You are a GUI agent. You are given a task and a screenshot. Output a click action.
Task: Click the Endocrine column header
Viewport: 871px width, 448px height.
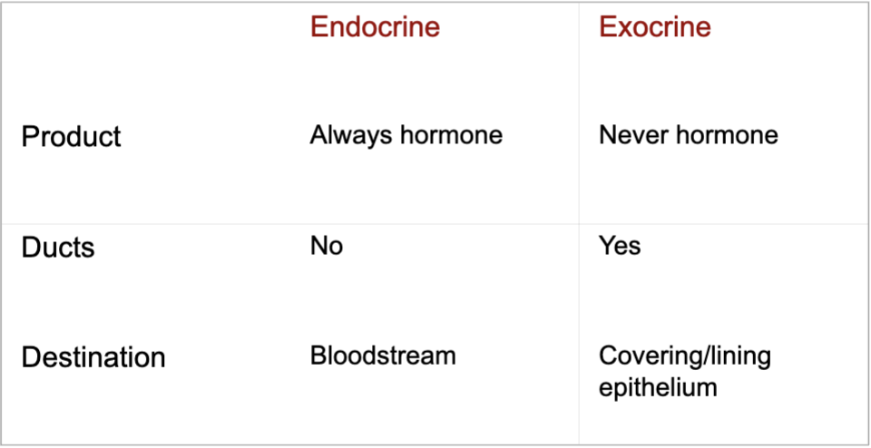(x=375, y=26)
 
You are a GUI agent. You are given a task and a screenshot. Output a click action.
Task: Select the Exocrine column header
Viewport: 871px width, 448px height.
(x=655, y=26)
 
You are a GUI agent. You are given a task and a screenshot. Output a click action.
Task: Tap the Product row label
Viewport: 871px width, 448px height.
(x=71, y=137)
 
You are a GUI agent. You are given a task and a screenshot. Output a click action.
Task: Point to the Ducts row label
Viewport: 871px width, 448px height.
(x=58, y=247)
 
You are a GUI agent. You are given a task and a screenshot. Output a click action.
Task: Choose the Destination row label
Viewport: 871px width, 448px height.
(x=93, y=357)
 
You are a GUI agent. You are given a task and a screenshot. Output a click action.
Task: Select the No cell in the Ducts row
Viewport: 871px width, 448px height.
(x=327, y=246)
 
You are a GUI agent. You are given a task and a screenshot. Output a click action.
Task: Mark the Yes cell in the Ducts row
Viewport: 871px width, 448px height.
(x=620, y=246)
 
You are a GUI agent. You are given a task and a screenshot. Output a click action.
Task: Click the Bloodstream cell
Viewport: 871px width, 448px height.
(x=383, y=355)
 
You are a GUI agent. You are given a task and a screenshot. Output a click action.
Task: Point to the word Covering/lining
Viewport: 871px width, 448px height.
(x=685, y=357)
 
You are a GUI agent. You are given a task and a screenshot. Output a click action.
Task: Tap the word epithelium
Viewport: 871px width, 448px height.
(x=659, y=387)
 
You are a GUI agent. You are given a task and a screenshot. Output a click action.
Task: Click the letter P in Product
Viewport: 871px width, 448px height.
(x=29, y=137)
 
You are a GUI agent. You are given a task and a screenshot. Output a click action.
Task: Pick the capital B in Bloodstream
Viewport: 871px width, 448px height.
(x=318, y=355)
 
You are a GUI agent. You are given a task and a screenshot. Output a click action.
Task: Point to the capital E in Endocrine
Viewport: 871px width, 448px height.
(x=318, y=26)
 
